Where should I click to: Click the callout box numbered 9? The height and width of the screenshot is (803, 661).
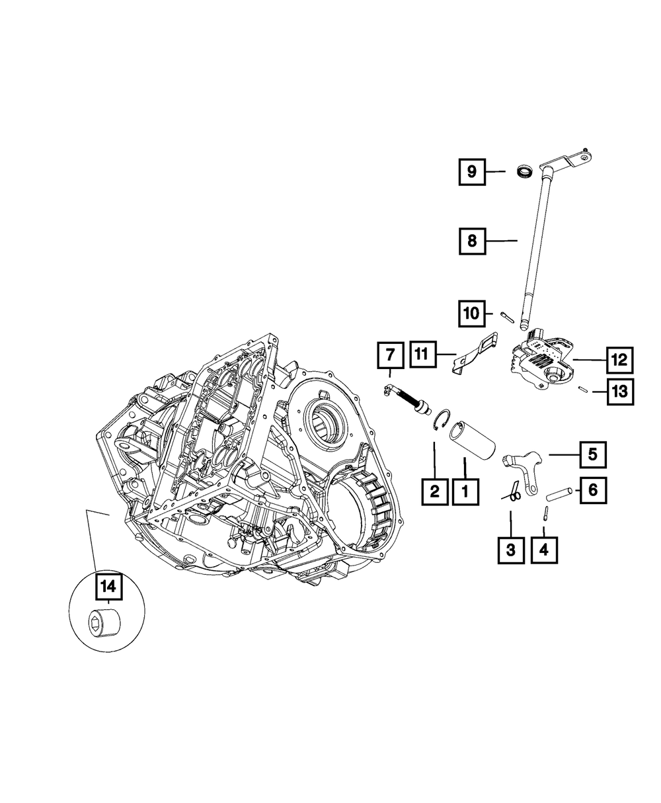[x=471, y=172]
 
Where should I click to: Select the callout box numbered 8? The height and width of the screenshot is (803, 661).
[x=471, y=241]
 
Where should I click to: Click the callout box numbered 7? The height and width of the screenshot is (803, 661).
[x=389, y=356]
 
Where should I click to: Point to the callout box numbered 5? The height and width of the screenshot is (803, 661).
[x=592, y=454]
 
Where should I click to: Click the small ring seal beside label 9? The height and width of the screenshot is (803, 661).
[x=524, y=172]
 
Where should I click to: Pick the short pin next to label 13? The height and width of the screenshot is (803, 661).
[x=582, y=390]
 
